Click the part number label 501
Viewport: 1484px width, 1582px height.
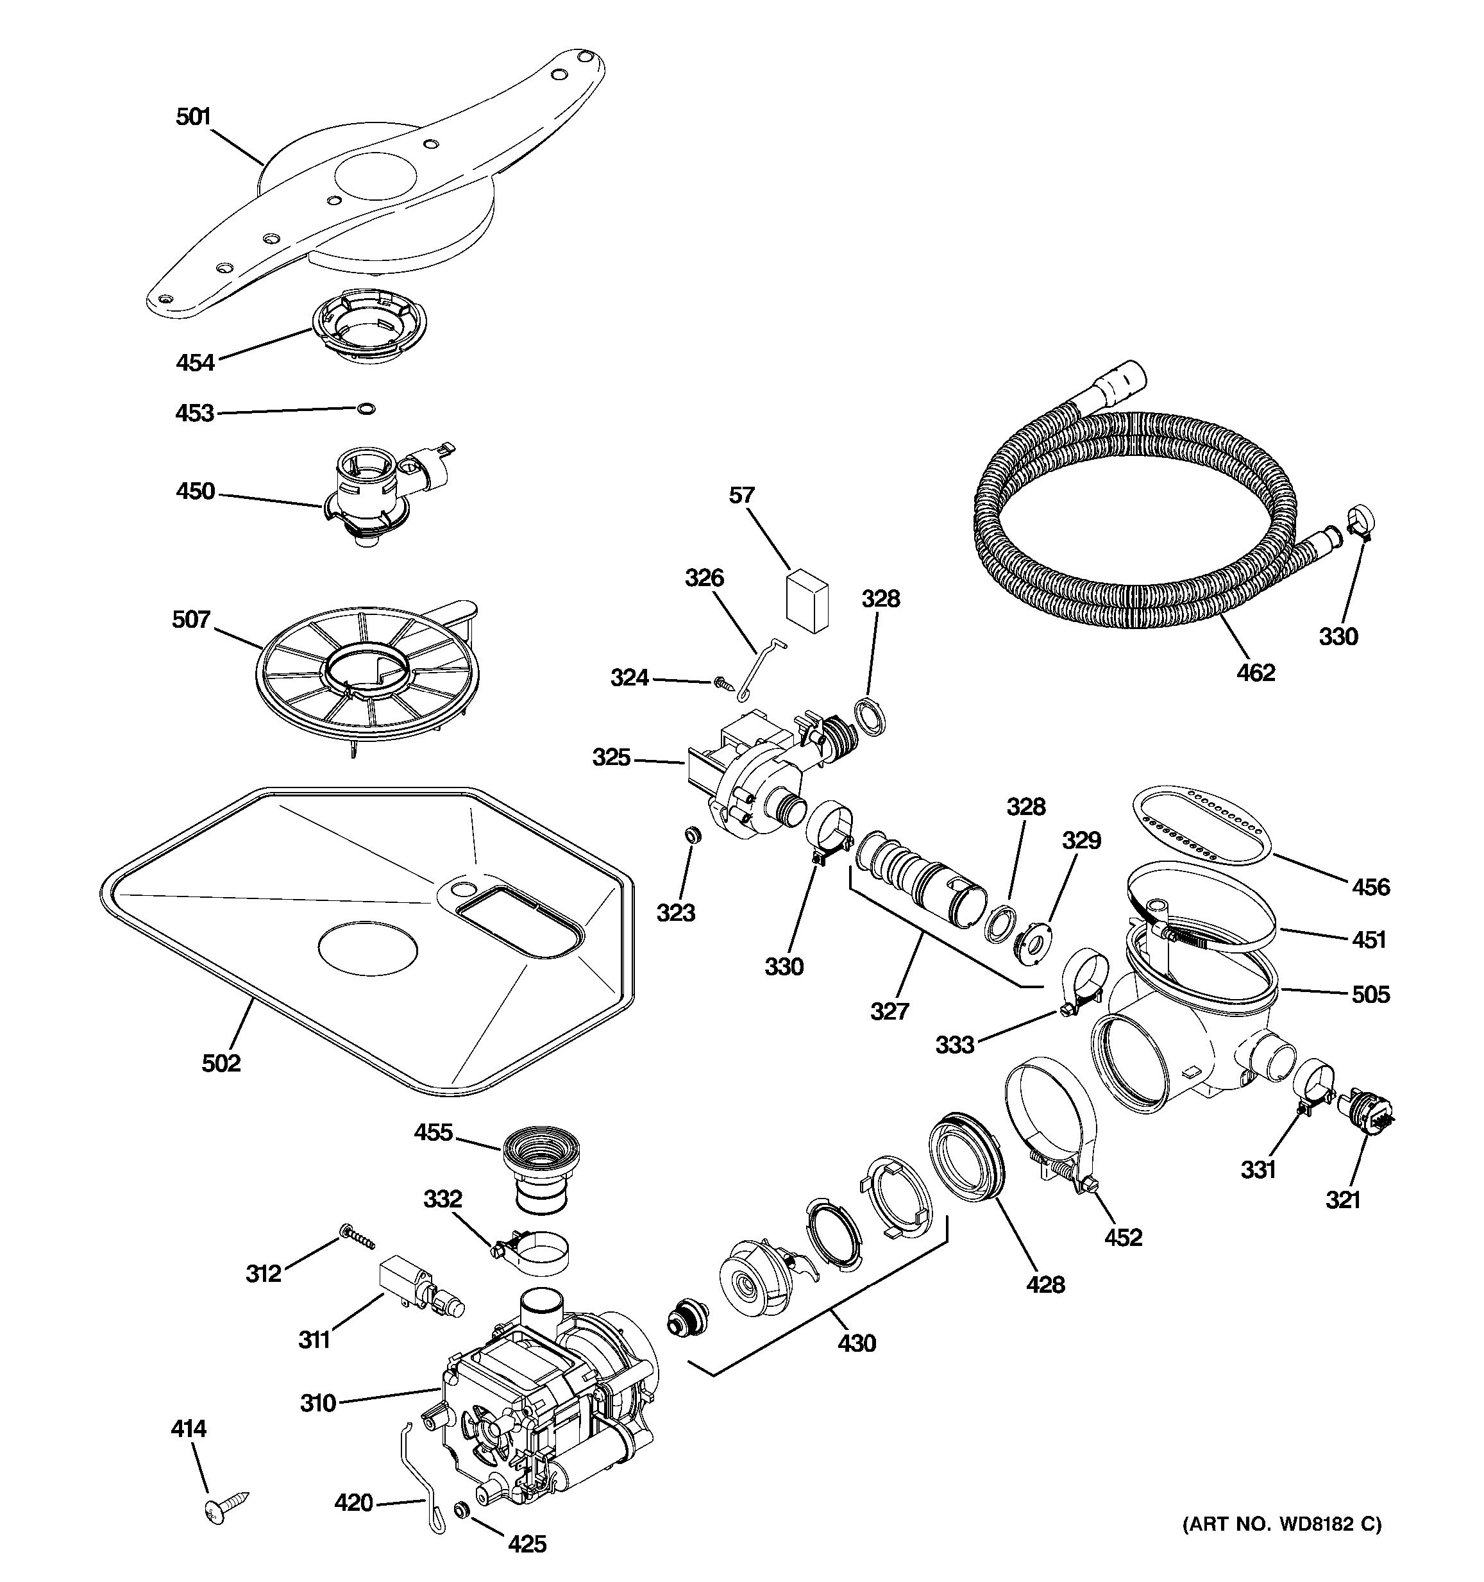(x=192, y=117)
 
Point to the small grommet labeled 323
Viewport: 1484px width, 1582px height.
(x=692, y=835)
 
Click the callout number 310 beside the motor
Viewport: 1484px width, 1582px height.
(x=317, y=1403)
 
